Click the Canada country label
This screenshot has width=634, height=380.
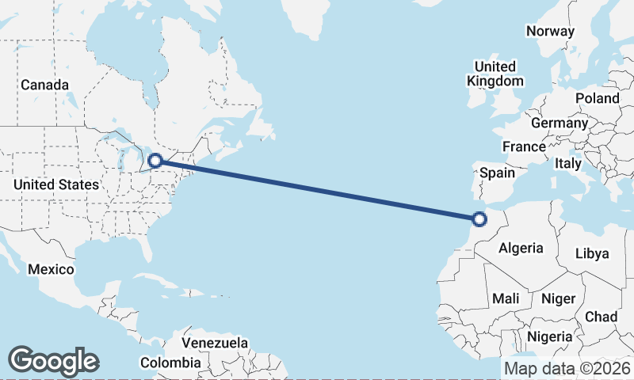tap(44, 85)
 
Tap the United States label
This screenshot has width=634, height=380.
tap(56, 184)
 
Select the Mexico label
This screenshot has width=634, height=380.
tap(51, 269)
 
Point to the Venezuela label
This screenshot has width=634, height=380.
tap(215, 344)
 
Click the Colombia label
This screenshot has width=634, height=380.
tap(170, 363)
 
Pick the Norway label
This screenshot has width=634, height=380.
tap(550, 32)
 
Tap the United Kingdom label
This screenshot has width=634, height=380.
tap(495, 74)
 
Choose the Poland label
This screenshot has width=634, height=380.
tap(598, 98)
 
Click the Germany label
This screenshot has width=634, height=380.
tap(560, 123)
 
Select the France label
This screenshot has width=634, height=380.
tap(524, 146)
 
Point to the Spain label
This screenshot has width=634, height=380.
tap(498, 173)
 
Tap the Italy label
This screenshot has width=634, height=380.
tap(568, 164)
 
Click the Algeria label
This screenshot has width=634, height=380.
tap(521, 248)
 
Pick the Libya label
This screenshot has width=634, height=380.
tap(592, 253)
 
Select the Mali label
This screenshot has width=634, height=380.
tap(506, 298)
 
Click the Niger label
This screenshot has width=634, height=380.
tap(557, 298)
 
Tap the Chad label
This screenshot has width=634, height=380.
tap(601, 317)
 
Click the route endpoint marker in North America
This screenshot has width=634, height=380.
tap(156, 161)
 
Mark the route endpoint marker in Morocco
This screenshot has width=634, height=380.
tap(479, 219)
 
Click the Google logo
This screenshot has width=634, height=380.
tap(53, 361)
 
